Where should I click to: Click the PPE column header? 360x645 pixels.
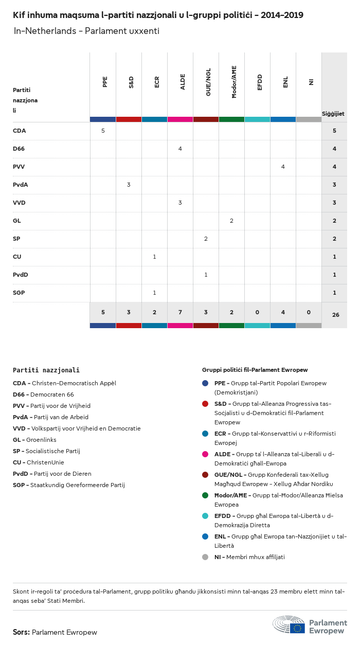point(105,82)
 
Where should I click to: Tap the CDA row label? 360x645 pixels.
point(20,131)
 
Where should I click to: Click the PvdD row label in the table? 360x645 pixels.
point(21,275)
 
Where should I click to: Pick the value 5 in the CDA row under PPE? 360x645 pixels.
point(103,131)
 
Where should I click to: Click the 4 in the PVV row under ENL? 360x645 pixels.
point(283,167)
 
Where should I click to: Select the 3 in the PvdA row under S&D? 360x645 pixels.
point(129,185)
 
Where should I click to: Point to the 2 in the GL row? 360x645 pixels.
point(231,221)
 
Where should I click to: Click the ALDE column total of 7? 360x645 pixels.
point(180,312)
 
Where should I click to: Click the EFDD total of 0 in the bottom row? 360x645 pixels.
point(257,312)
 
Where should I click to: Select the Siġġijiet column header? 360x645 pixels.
point(333,114)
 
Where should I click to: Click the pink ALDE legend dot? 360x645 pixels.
point(205,454)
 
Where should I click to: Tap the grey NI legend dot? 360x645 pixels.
point(205,557)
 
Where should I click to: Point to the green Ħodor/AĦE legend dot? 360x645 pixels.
point(205,495)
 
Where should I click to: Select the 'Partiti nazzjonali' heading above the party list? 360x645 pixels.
point(46,370)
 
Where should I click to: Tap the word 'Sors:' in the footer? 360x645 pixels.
point(21,632)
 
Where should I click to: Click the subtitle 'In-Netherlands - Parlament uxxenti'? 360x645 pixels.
point(86,31)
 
